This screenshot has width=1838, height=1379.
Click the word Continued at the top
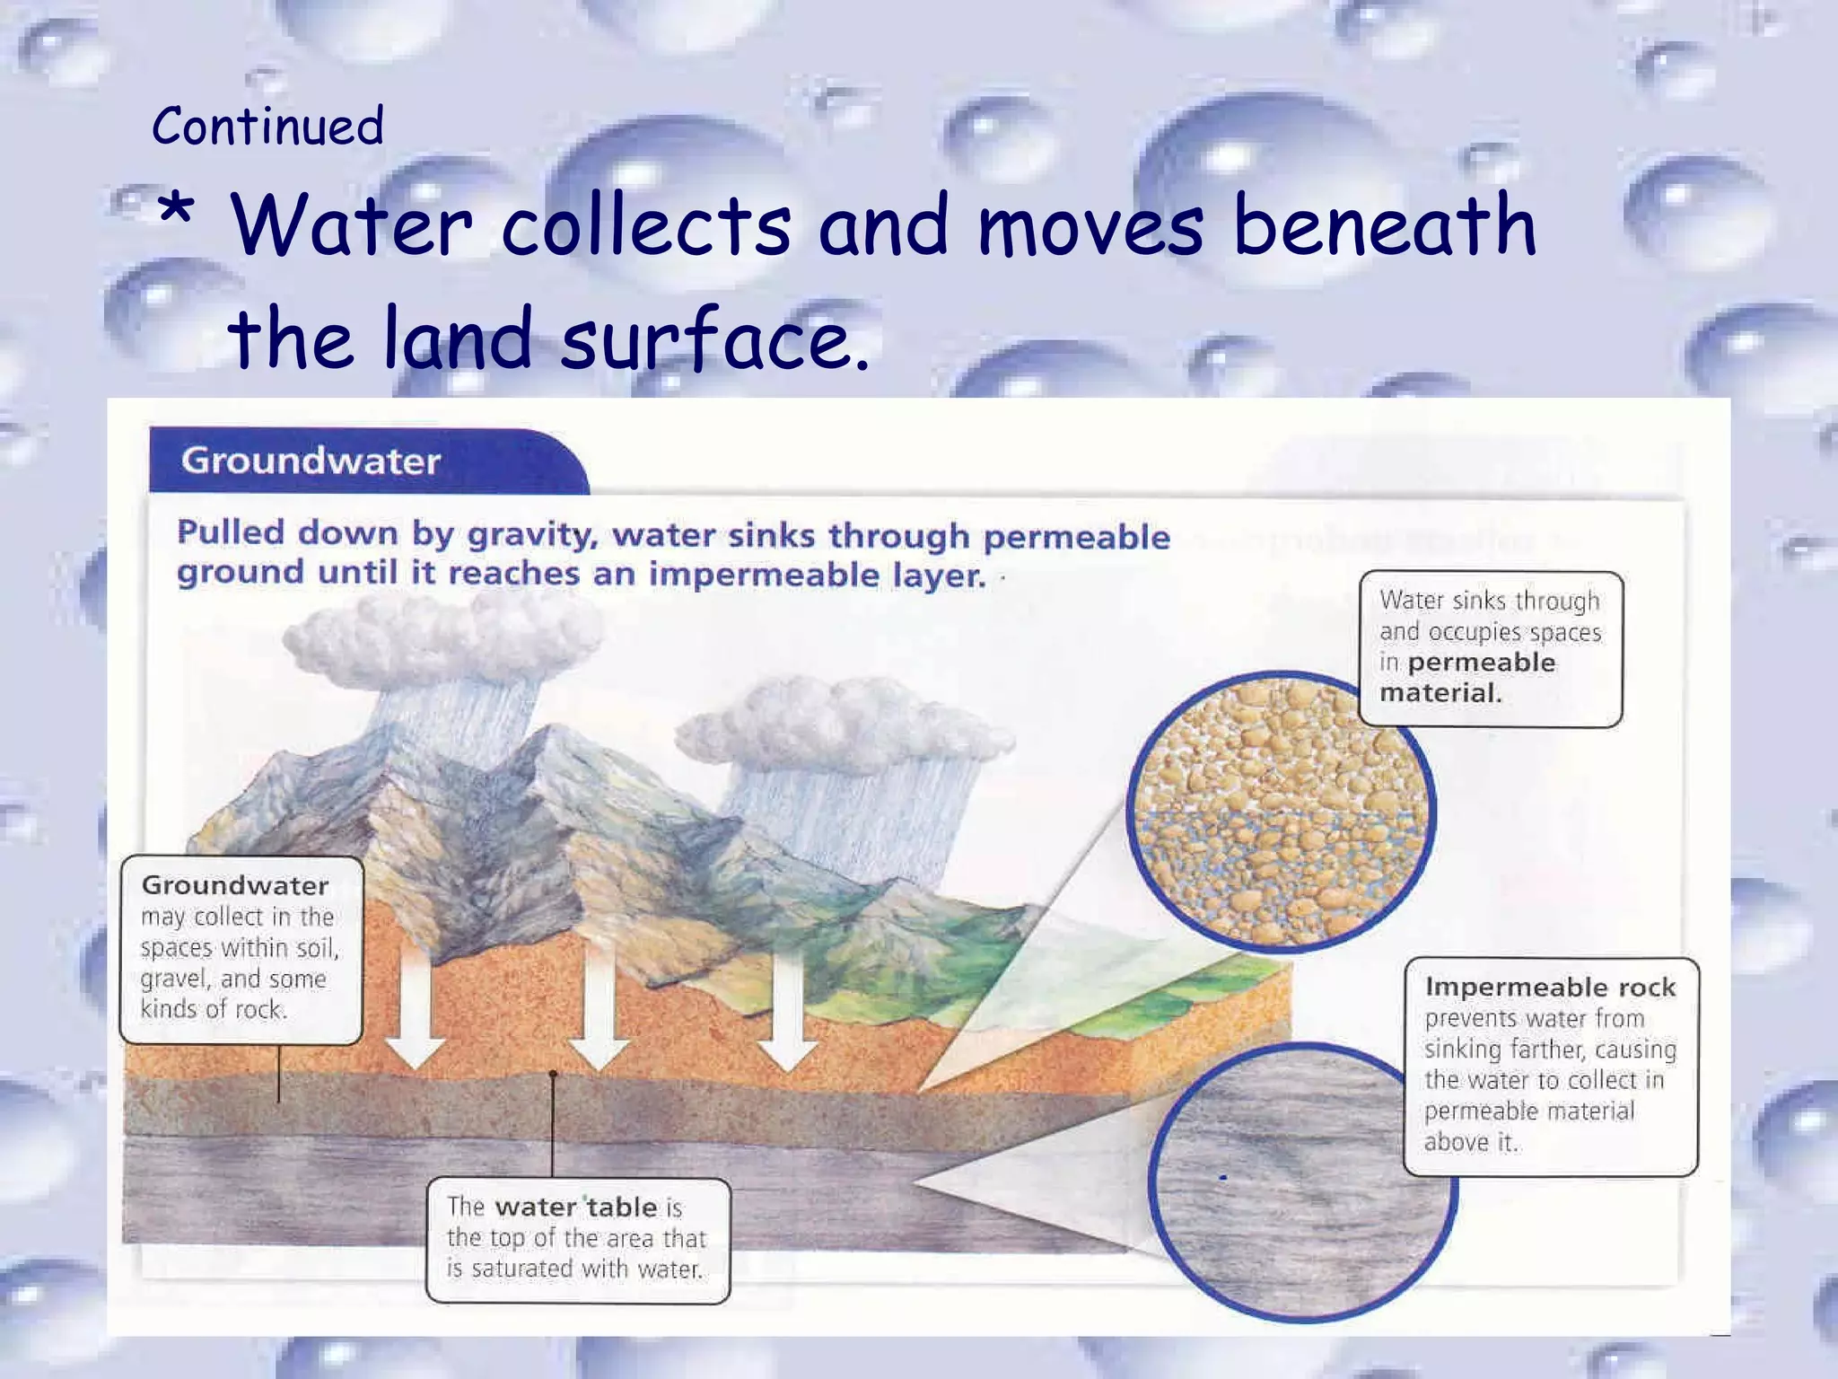pyautogui.click(x=267, y=126)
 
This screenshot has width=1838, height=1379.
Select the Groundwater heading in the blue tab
pyautogui.click(x=311, y=461)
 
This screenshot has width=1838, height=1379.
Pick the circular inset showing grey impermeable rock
pyautogui.click(x=1301, y=1181)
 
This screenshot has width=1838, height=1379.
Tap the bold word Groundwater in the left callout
pyautogui.click(x=235, y=885)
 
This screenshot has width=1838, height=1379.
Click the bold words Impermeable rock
pyautogui.click(x=1550, y=987)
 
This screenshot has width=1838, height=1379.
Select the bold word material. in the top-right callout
pyautogui.click(x=1440, y=692)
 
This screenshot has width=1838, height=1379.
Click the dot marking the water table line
pyautogui.click(x=553, y=1074)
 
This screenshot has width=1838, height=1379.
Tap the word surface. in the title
pyautogui.click(x=715, y=339)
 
